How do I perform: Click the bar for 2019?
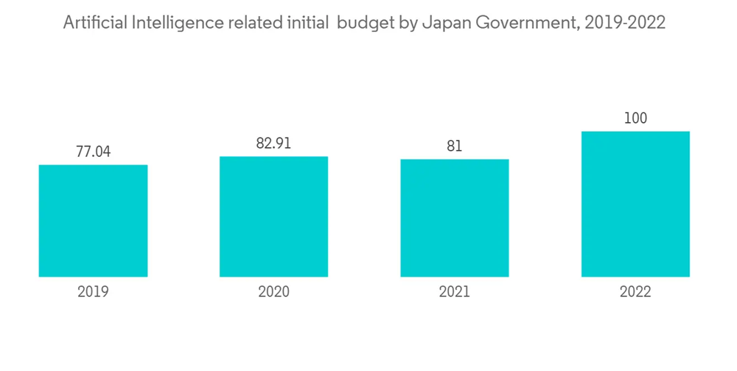click(x=93, y=221)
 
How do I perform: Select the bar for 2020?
click(x=273, y=216)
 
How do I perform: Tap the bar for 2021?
click(x=455, y=218)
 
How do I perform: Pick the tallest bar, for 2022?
click(x=635, y=204)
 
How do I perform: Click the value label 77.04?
click(x=93, y=152)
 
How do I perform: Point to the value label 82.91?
click(x=273, y=144)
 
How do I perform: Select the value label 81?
click(x=455, y=146)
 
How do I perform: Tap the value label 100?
click(x=635, y=119)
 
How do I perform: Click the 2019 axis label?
click(x=93, y=292)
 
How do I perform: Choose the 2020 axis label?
click(x=273, y=292)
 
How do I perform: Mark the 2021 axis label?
click(x=455, y=292)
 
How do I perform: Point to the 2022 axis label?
click(x=635, y=292)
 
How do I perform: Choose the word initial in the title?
click(x=304, y=24)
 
